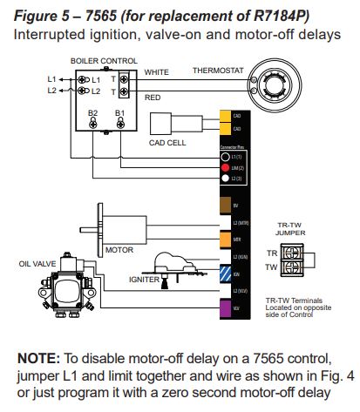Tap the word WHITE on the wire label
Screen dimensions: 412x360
pyautogui.click(x=157, y=71)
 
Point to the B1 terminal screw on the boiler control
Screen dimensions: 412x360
pyautogui.click(x=119, y=124)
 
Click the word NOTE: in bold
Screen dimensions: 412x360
pyautogui.click(x=42, y=358)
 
